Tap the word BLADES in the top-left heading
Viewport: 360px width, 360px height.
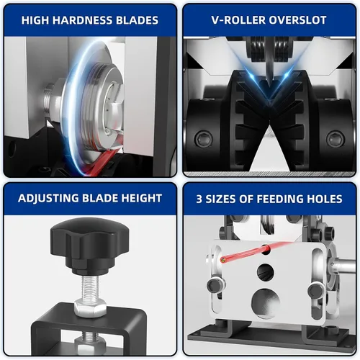[137, 20]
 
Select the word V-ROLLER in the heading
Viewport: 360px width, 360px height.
[238, 20]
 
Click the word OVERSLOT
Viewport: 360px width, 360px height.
[297, 20]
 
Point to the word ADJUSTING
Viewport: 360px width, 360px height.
[48, 199]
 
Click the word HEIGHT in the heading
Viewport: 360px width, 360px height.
[142, 198]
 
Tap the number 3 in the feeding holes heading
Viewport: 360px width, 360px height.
[199, 199]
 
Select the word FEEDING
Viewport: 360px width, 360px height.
[274, 199]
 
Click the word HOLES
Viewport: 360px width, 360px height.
[318, 199]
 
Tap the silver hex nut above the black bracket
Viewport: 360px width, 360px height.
[90, 307]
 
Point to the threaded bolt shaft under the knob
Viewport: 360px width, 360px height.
[90, 287]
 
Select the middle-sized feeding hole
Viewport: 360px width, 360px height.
[266, 272]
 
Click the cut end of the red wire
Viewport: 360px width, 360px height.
[223, 260]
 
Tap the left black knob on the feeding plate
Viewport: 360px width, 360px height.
[215, 285]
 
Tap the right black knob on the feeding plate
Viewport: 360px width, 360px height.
[316, 291]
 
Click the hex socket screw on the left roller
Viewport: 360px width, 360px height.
[204, 138]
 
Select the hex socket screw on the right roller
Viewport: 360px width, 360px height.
[336, 138]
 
